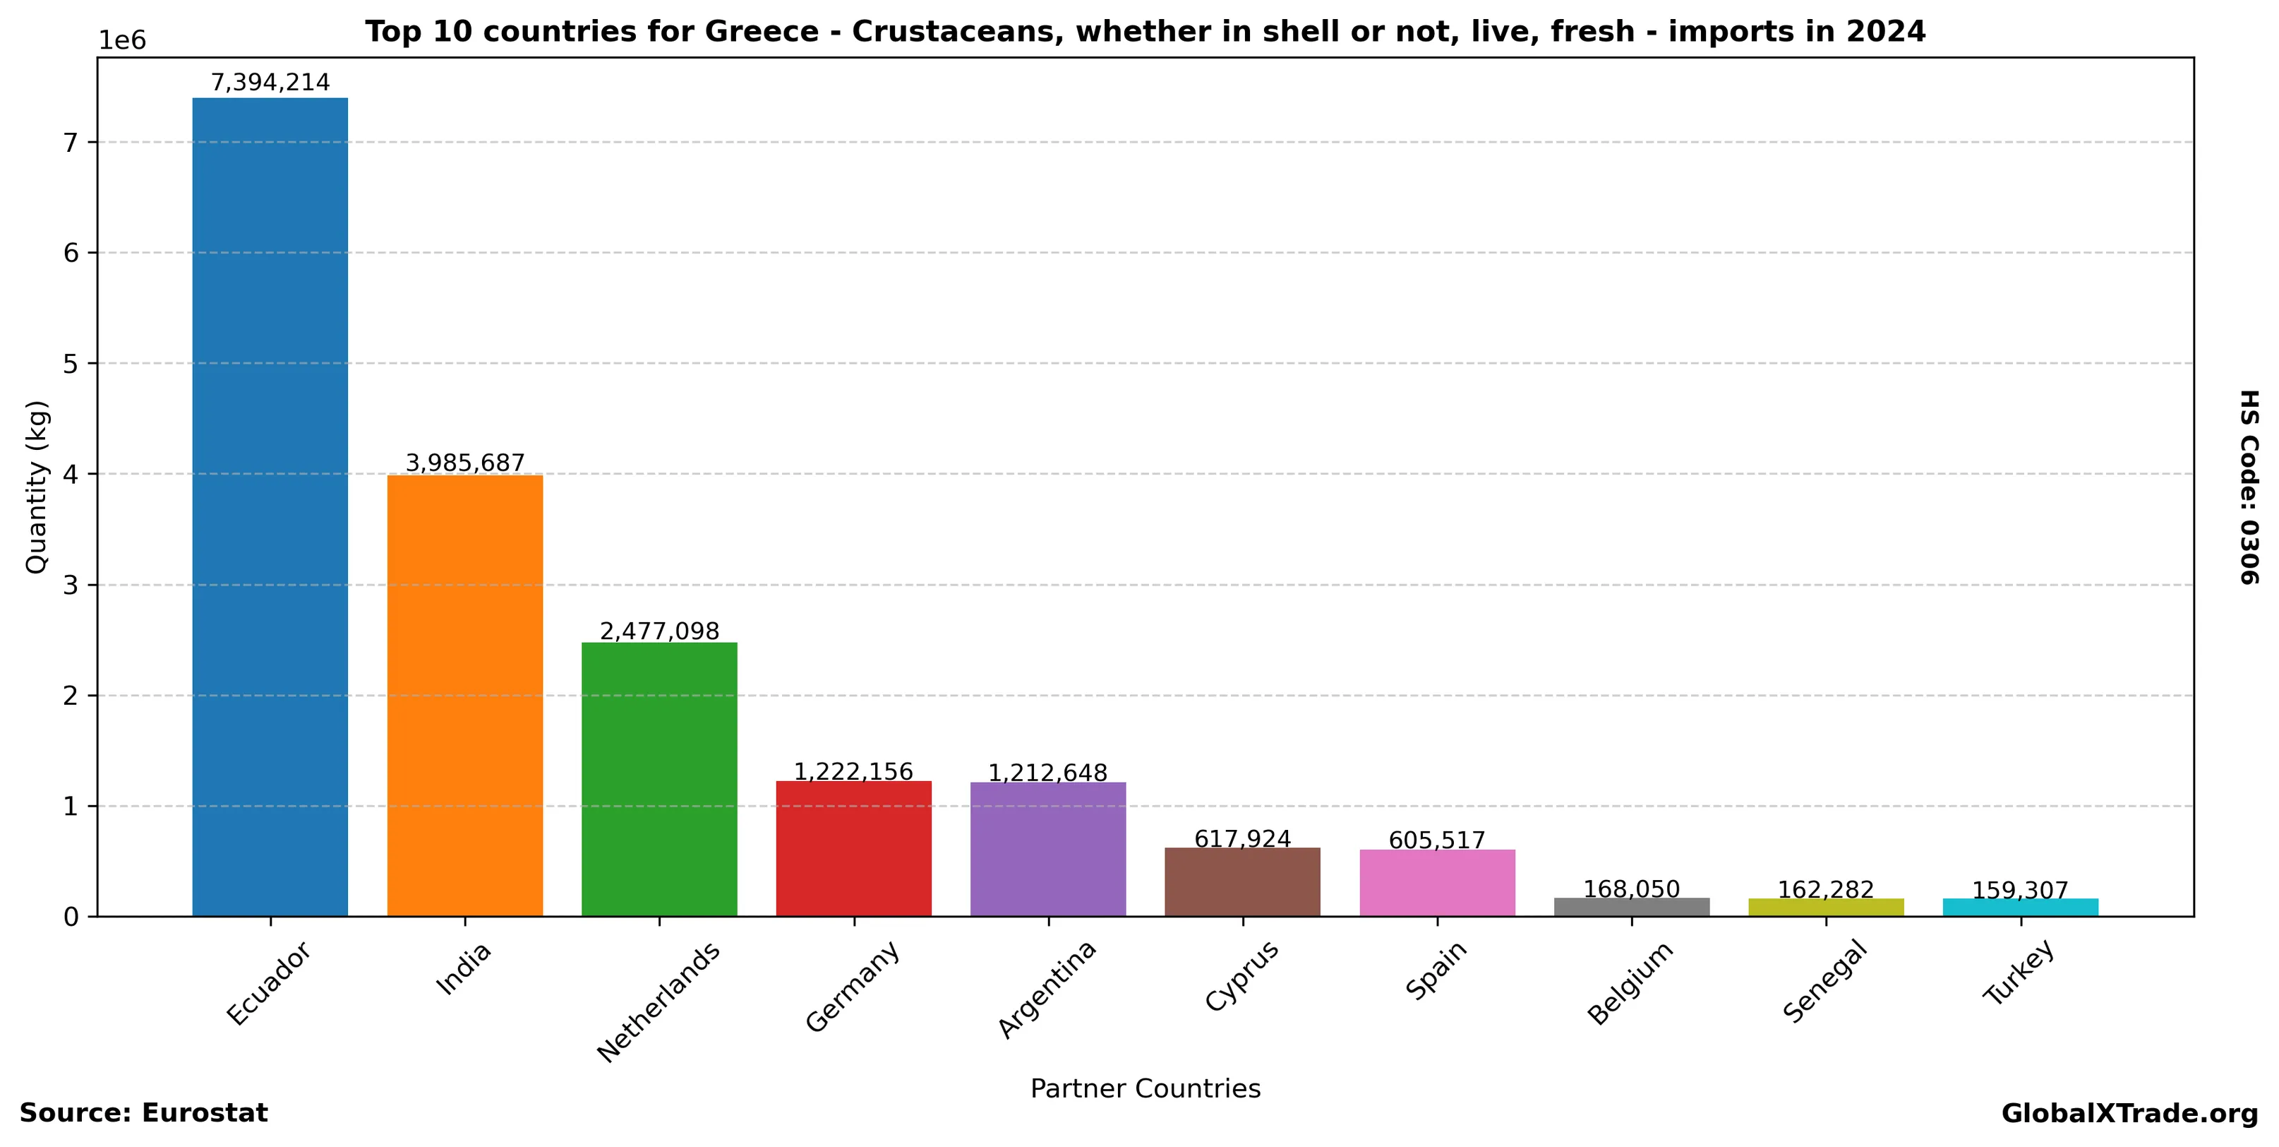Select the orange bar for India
point(464,696)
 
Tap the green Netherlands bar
point(659,779)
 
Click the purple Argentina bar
point(1048,849)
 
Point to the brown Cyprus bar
point(1242,881)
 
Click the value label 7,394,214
point(270,83)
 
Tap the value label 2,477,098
point(659,631)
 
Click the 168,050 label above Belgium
point(1631,889)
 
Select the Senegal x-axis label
point(1824,982)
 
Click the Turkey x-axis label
point(2018,973)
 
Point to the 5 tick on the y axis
point(71,364)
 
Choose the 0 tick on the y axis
point(71,917)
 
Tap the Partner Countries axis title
point(1145,1088)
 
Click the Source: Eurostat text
point(143,1113)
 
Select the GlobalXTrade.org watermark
point(2129,1113)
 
